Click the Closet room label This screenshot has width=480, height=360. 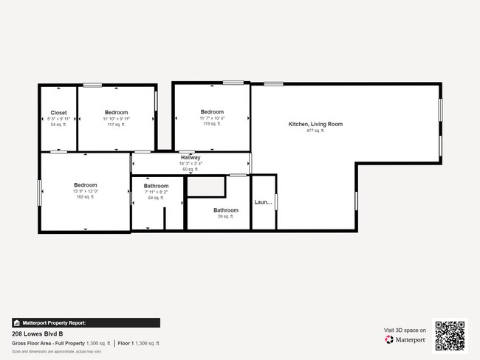[58, 113]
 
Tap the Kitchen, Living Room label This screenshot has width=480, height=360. [315, 124]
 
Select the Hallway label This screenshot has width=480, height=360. [191, 158]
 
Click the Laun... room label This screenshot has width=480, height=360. [264, 202]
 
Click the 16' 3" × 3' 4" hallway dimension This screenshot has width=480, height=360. [191, 164]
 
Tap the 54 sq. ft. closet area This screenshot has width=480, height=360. [58, 125]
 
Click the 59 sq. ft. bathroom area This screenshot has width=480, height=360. [224, 216]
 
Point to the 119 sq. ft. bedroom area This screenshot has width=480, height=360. [212, 124]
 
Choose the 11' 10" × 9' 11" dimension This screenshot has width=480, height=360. [116, 119]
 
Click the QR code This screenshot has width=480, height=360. [450, 336]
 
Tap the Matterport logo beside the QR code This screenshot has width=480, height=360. [405, 339]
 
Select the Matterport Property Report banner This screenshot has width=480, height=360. [86, 322]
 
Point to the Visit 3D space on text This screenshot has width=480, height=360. [405, 330]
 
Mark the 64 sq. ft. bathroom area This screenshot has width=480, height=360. [156, 198]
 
